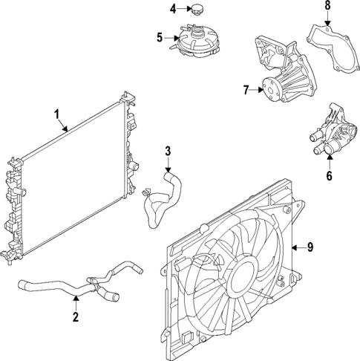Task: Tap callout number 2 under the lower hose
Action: click(76, 319)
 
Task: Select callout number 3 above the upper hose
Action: click(168, 152)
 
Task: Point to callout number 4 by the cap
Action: click(171, 9)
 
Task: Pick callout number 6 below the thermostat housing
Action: click(330, 177)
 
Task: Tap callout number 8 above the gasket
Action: click(327, 6)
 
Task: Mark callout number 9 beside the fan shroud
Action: click(312, 247)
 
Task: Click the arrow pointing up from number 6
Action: click(330, 164)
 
